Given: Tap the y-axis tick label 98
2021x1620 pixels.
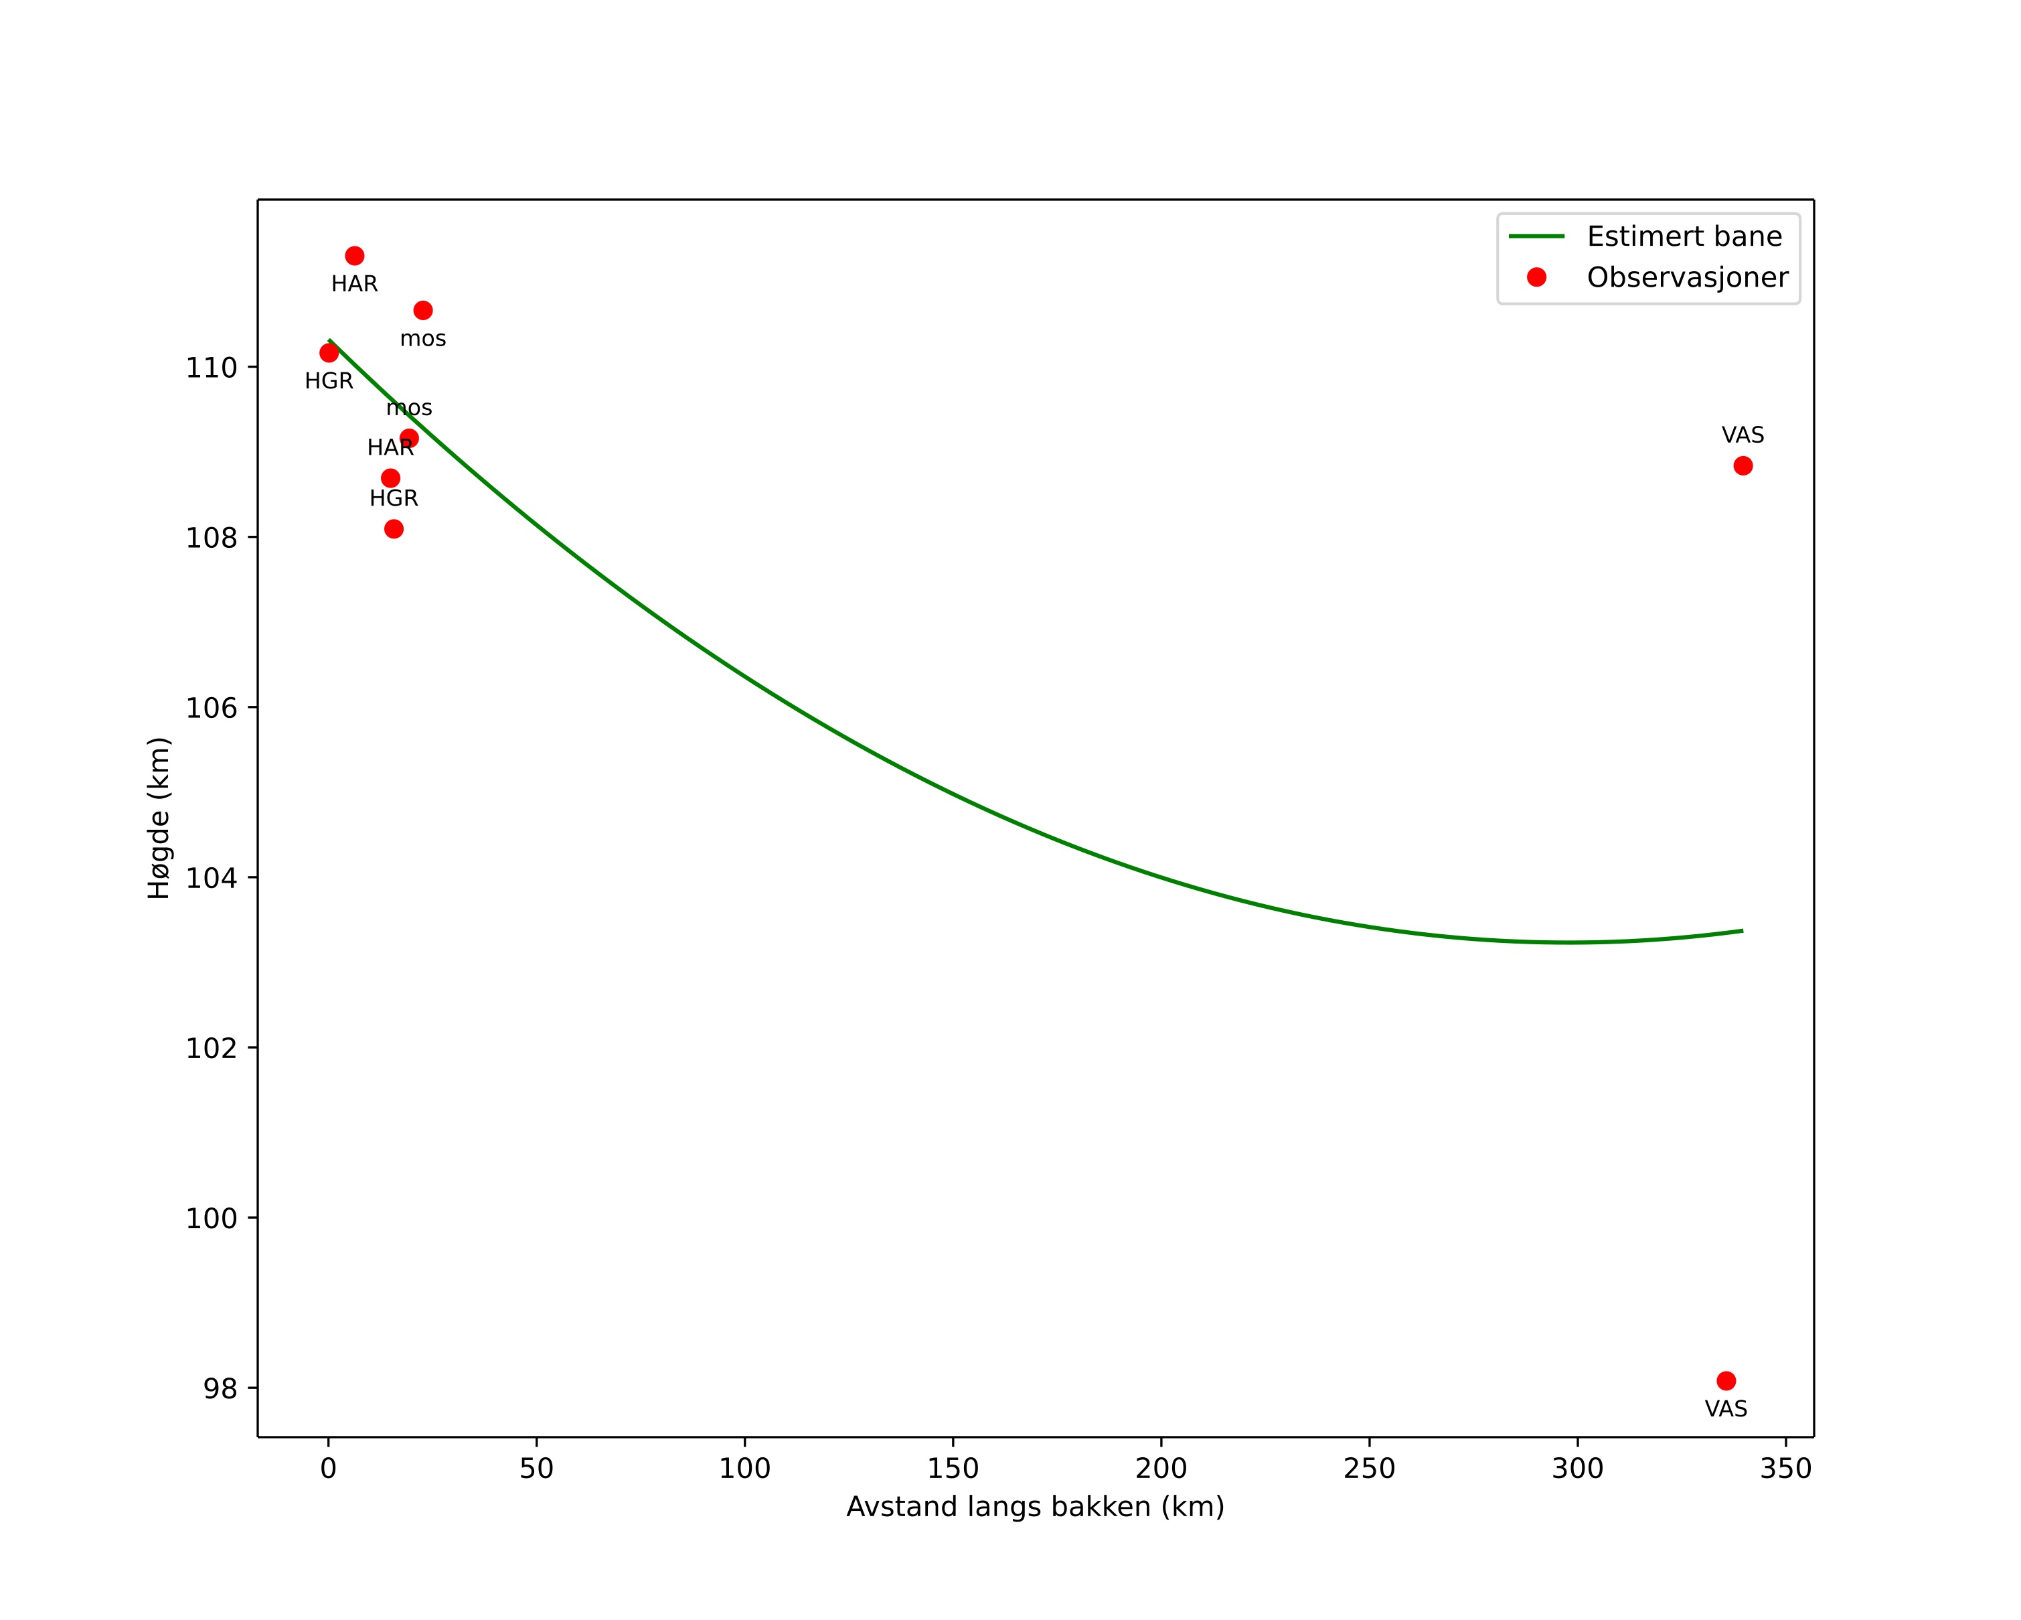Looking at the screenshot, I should click(220, 1388).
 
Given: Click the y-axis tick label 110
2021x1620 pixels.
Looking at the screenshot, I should click(211, 368).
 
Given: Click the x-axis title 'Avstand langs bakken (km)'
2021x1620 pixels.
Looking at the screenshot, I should click(1035, 1507).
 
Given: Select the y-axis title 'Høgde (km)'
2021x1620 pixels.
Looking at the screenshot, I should click(159, 818).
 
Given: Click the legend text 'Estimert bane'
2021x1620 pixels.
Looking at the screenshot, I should click(1684, 236).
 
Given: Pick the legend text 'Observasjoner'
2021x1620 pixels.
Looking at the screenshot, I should click(1688, 277).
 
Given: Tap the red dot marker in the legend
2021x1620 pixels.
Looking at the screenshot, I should click(1536, 277).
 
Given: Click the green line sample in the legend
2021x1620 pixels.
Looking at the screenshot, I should click(1536, 236).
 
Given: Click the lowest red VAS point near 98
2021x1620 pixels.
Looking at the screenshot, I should click(1726, 1381).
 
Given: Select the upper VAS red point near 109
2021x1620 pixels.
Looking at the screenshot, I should click(1743, 466).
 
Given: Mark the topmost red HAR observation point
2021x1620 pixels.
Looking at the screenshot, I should click(354, 256).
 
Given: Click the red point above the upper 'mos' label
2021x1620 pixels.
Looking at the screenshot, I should click(423, 310).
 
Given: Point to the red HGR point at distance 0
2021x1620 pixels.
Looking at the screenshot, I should click(329, 352).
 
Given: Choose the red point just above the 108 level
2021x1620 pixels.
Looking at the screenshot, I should click(394, 529).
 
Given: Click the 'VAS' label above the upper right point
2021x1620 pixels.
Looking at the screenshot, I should click(1743, 435).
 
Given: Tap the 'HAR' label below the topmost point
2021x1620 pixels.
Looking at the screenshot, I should click(354, 284).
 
